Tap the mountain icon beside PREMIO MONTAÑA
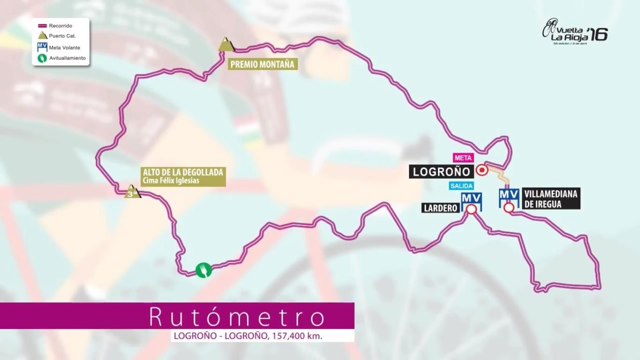[x=226, y=44]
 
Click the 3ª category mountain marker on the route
[x=132, y=192]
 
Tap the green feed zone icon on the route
[x=203, y=270]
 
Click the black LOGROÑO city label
[x=439, y=172]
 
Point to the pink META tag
[x=462, y=157]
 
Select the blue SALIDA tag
[x=461, y=186]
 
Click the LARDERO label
[x=440, y=208]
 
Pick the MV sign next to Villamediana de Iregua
[x=508, y=195]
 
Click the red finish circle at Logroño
[x=482, y=171]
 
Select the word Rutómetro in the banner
[x=237, y=317]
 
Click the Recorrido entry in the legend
[x=60, y=26]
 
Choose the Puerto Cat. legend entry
[x=60, y=36]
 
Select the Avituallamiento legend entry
[x=67, y=58]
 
